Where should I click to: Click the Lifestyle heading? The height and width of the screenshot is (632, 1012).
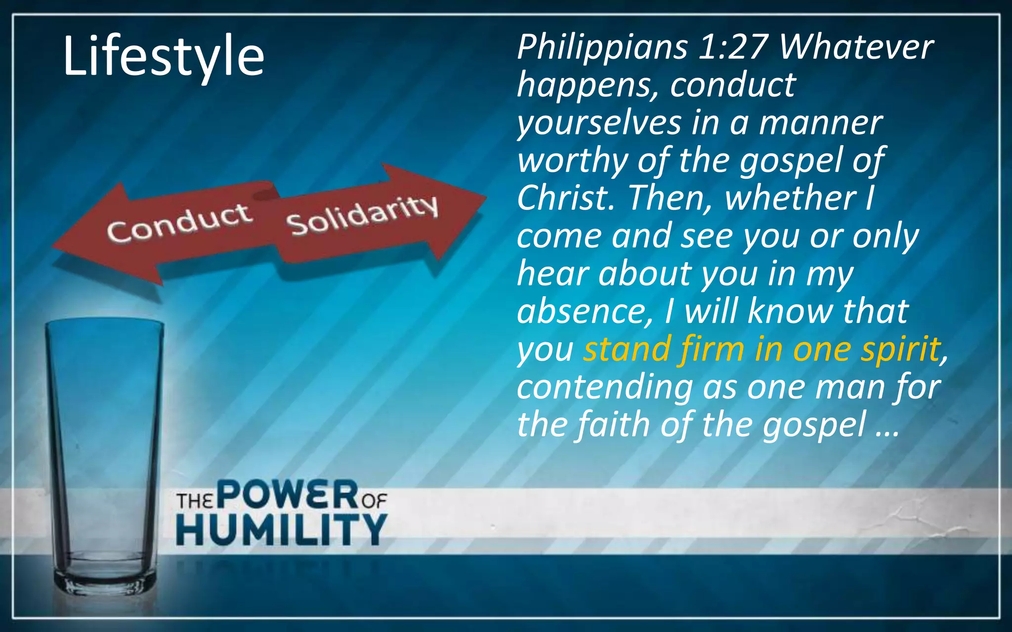(164, 56)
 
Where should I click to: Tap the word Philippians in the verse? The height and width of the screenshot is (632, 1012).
(602, 47)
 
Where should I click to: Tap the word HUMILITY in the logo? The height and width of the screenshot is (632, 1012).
(282, 529)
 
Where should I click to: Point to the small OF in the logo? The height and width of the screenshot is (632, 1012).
(374, 502)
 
